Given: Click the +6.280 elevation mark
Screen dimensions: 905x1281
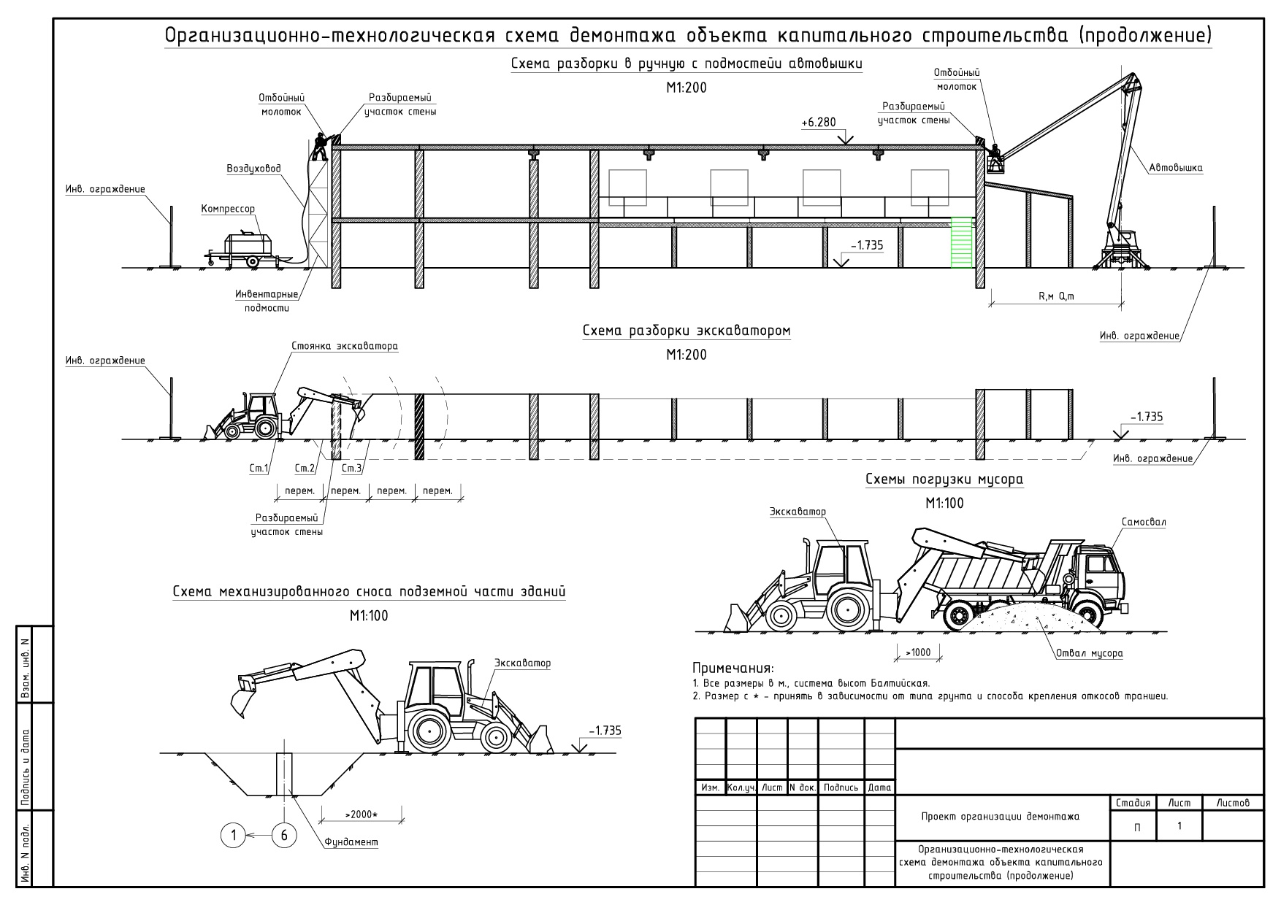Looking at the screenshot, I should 818,123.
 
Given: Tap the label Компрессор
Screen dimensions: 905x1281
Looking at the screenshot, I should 228,209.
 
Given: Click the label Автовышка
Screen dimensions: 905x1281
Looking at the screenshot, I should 1175,168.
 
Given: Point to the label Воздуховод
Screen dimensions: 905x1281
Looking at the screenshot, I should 253,169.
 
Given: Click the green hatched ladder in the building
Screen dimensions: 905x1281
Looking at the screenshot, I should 963,242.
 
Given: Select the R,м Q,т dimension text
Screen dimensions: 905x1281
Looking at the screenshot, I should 1056,296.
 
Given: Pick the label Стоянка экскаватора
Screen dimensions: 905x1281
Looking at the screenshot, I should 344,346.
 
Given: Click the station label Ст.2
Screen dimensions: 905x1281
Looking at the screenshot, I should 305,469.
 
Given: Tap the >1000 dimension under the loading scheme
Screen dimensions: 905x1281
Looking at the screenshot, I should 917,652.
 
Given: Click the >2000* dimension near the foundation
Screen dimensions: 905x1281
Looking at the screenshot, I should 360,814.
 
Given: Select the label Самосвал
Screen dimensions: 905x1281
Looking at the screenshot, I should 1144,523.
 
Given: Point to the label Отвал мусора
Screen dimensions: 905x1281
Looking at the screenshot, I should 1089,653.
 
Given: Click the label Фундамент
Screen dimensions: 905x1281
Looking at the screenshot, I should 351,842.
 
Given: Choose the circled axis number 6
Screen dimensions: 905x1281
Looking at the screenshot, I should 284,836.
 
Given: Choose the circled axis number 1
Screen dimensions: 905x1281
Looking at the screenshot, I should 234,836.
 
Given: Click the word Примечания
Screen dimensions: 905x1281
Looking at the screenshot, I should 733,669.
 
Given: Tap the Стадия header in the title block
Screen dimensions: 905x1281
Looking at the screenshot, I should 1133,803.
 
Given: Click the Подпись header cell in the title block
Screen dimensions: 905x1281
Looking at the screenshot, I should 841,788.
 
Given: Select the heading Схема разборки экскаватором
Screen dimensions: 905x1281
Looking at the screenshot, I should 686,331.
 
